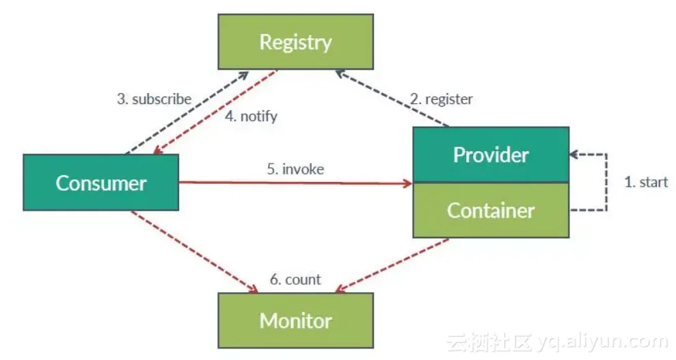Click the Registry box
(295, 42)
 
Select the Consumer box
(100, 183)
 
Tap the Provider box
(490, 155)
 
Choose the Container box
(490, 210)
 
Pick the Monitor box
(295, 320)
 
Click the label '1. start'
(646, 182)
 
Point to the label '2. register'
(441, 99)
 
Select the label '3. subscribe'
(154, 99)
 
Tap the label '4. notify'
(251, 116)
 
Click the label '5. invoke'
(295, 169)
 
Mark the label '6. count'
(295, 279)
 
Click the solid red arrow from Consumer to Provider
(294, 183)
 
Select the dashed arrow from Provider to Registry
(393, 99)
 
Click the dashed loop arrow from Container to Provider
(606, 182)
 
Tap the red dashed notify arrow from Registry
(215, 112)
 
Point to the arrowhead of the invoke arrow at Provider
(409, 183)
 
